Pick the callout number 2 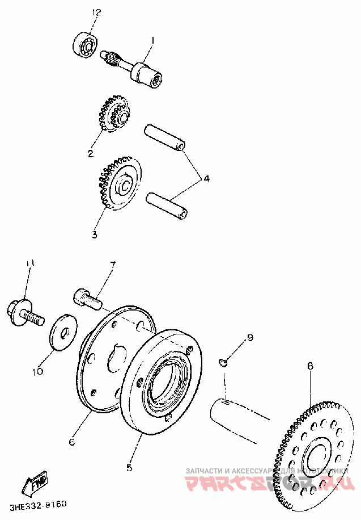pyautogui.click(x=90, y=153)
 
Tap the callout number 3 pyautogui.click(x=95, y=234)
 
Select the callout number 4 pyautogui.click(x=206, y=179)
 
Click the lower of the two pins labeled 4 pyautogui.click(x=168, y=206)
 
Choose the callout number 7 pyautogui.click(x=112, y=265)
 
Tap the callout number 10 pyautogui.click(x=37, y=372)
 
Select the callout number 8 pyautogui.click(x=310, y=366)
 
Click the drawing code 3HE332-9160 pyautogui.click(x=37, y=504)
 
